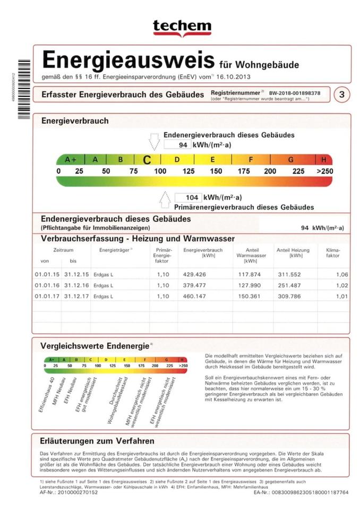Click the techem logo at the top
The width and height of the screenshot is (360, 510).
182,27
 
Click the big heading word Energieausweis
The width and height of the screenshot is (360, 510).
128,60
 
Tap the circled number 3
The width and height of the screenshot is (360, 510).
342,95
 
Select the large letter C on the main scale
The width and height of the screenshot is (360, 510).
147,159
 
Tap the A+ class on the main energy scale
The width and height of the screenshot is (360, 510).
71,159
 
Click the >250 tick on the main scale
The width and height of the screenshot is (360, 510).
324,171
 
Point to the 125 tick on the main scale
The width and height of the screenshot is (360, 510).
188,171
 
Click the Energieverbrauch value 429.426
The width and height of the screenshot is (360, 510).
194,275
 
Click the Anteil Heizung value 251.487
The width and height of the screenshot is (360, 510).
289,285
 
